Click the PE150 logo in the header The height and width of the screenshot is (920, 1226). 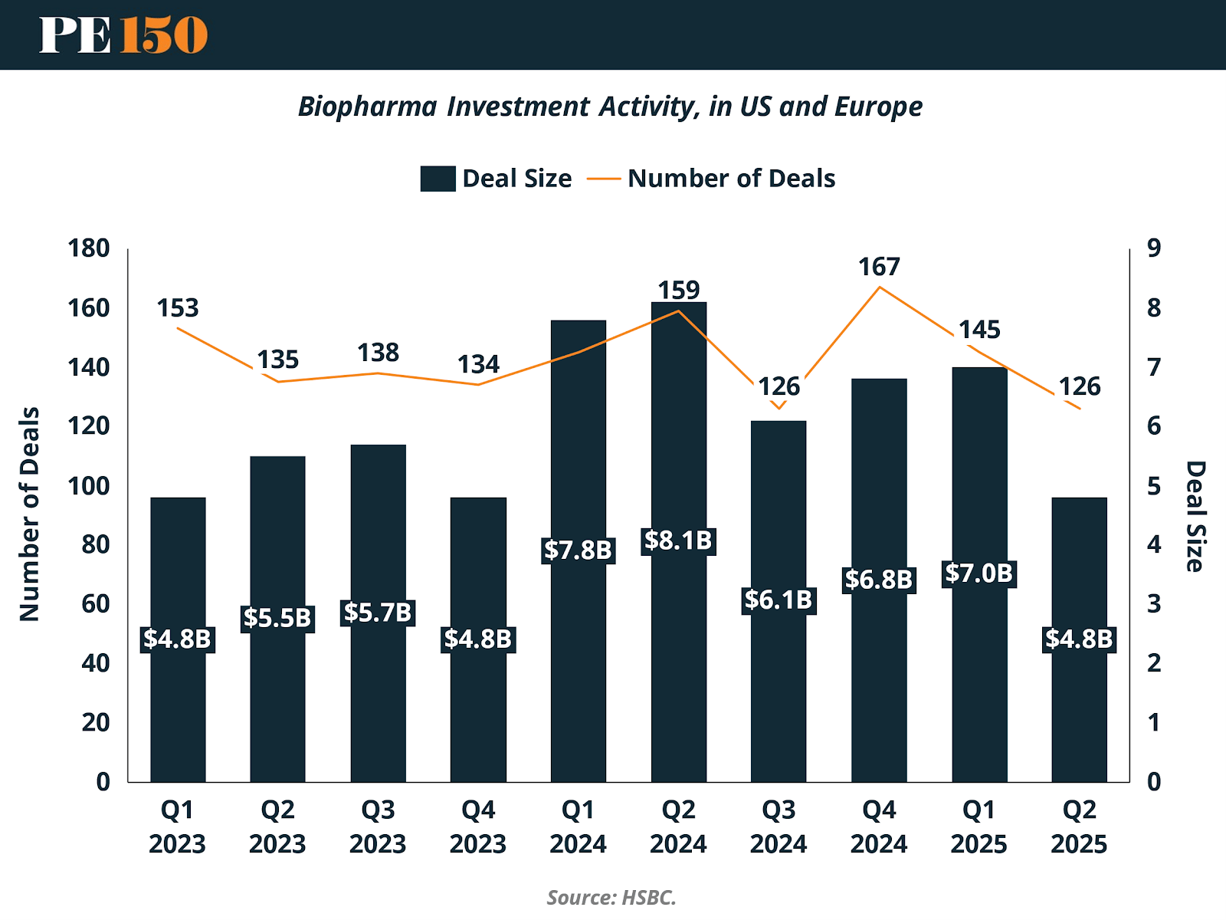point(123,34)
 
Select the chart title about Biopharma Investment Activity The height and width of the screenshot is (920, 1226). point(610,107)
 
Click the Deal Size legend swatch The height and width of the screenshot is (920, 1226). point(438,179)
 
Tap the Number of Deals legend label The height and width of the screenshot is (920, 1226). point(731,179)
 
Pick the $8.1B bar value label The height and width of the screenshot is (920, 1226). point(678,540)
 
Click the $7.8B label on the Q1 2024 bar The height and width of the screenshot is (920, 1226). point(578,550)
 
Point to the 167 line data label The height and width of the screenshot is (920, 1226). point(879,267)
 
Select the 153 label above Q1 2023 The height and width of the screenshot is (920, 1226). point(178,308)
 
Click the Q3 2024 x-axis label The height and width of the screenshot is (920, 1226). point(779,826)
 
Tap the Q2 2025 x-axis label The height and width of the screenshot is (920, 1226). point(1079,826)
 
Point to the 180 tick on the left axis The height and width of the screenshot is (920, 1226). point(89,248)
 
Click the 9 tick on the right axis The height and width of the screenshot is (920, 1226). point(1154,248)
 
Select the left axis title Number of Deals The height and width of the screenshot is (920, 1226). point(29,514)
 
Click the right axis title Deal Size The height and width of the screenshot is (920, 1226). point(1195,516)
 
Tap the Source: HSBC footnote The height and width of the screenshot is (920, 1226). point(611,897)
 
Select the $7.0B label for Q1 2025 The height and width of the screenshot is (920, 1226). point(979,573)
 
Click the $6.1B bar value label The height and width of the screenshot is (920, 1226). point(779,600)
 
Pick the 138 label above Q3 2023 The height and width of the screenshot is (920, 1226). point(378,353)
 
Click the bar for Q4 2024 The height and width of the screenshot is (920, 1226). point(879,675)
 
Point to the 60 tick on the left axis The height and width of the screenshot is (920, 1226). point(96,604)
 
